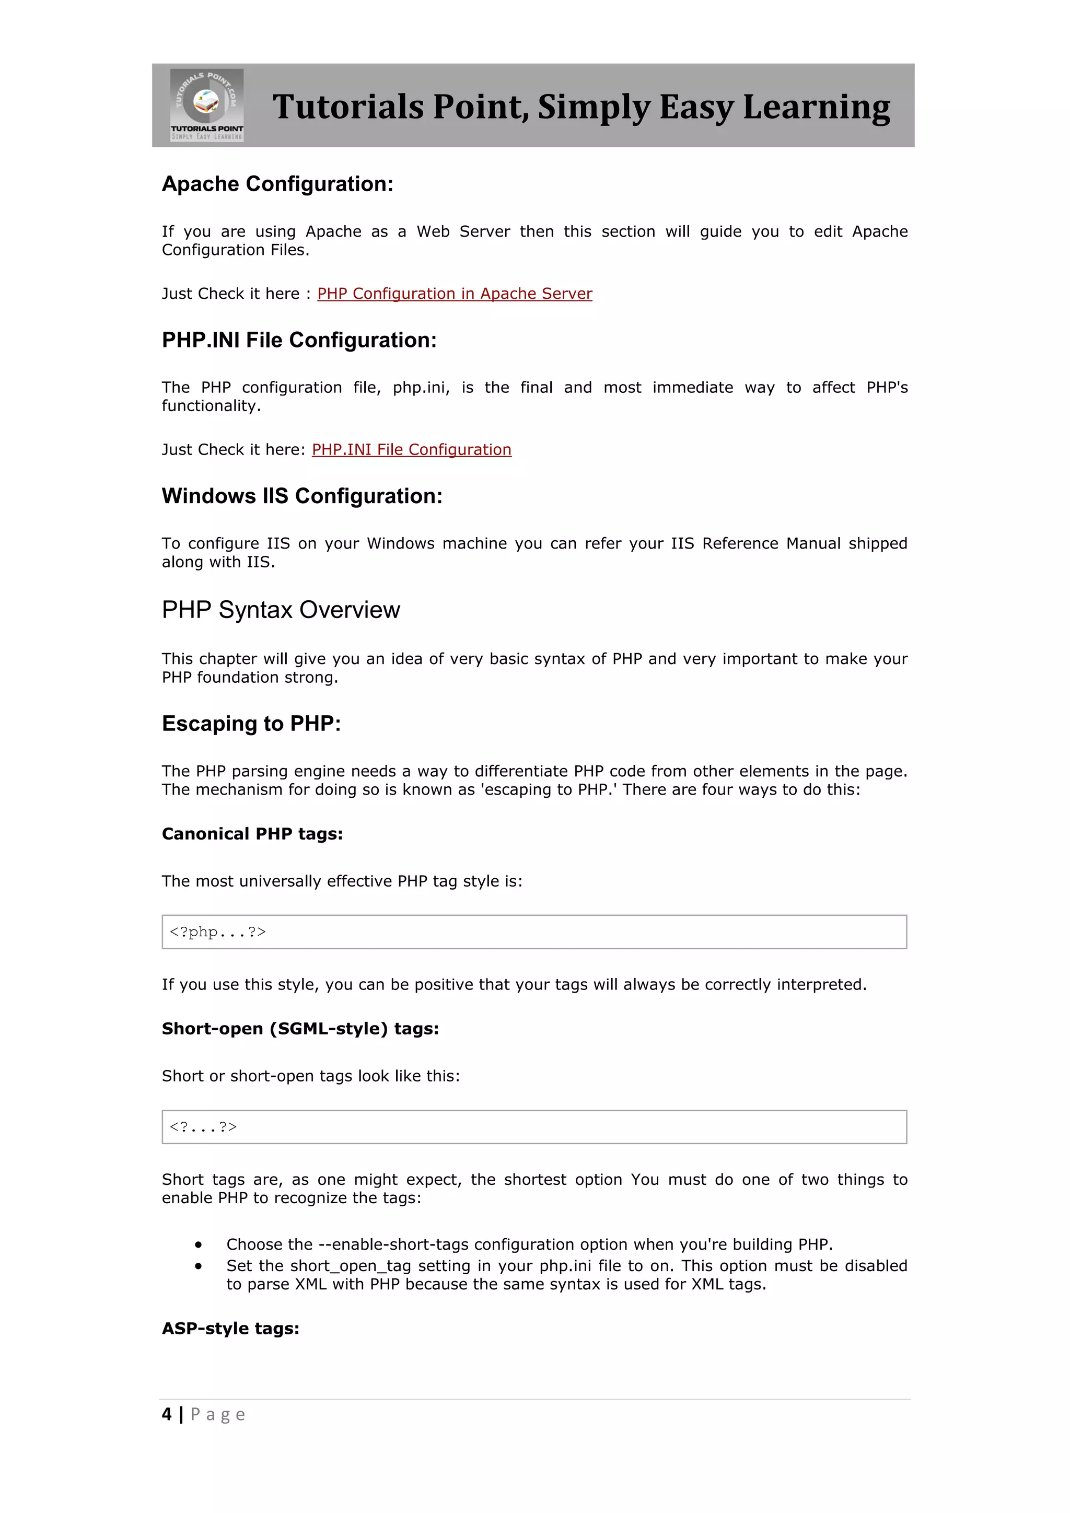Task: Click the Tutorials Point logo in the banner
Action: [x=207, y=105]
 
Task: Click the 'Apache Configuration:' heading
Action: [x=277, y=184]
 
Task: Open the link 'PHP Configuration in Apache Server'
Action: [x=455, y=294]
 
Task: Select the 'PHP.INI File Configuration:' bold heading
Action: [x=299, y=340]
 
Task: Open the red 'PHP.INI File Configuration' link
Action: [x=411, y=450]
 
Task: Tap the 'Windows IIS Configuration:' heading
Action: [x=302, y=496]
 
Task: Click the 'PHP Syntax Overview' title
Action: [x=281, y=610]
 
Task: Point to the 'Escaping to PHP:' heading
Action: [x=251, y=724]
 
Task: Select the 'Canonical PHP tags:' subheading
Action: [x=252, y=834]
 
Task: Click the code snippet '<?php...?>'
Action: [x=217, y=932]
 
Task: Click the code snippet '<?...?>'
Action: [x=203, y=1127]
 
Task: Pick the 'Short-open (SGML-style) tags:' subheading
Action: [x=300, y=1029]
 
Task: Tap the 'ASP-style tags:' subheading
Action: [x=230, y=1329]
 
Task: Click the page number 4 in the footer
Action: [x=167, y=1414]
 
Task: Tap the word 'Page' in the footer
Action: [x=218, y=1415]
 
